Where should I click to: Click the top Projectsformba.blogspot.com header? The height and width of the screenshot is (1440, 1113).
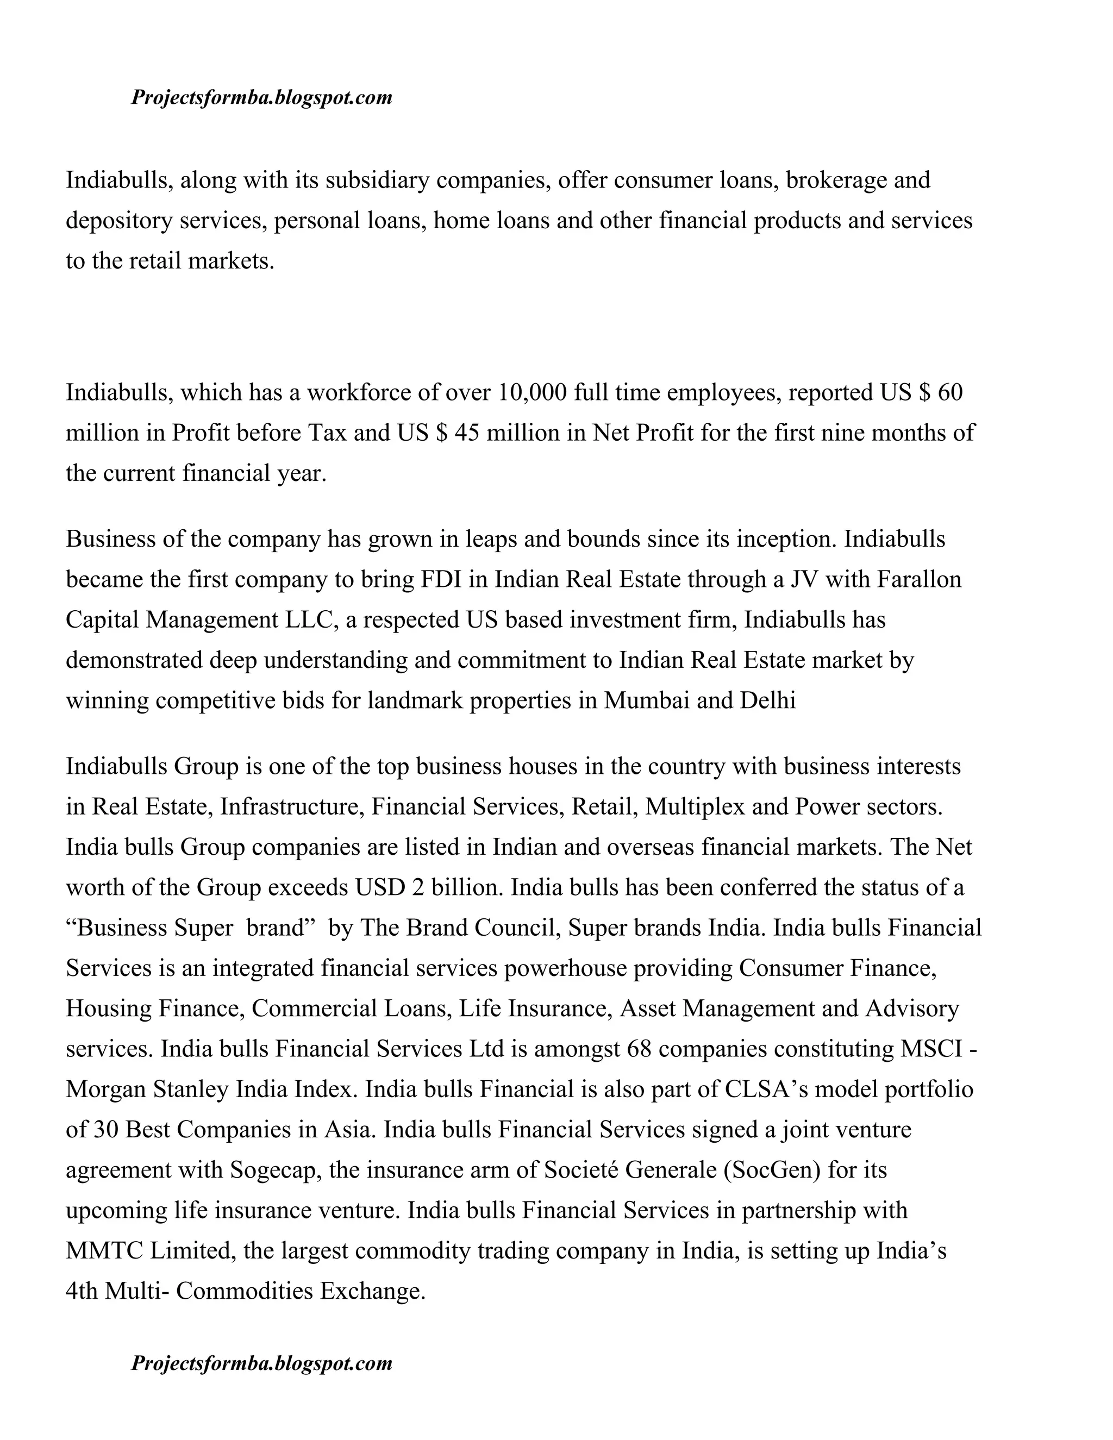point(262,98)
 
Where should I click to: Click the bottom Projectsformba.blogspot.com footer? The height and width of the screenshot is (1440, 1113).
point(262,1362)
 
